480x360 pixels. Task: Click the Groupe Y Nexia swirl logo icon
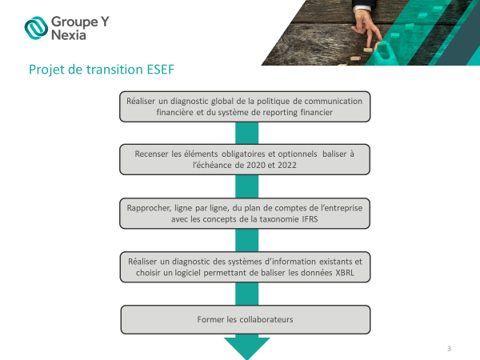click(36, 28)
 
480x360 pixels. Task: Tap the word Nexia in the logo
click(69, 35)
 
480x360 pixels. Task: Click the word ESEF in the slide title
click(161, 70)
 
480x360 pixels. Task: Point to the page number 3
click(449, 348)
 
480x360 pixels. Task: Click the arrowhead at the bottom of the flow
click(247, 347)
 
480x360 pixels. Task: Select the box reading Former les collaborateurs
click(246, 319)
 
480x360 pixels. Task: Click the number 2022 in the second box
click(287, 166)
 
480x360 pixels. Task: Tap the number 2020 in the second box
click(256, 166)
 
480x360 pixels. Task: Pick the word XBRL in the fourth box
click(345, 273)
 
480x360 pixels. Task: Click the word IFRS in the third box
click(310, 219)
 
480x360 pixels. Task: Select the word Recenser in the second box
click(151, 154)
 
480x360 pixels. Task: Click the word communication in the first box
click(333, 101)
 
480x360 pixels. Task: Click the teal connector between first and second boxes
click(246, 133)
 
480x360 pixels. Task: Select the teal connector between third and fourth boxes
click(246, 240)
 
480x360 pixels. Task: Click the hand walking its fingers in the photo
click(366, 27)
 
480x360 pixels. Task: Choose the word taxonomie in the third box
click(278, 219)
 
